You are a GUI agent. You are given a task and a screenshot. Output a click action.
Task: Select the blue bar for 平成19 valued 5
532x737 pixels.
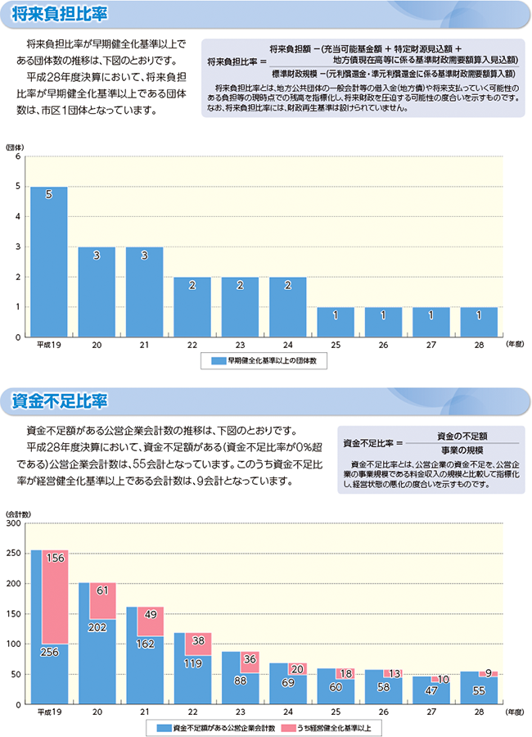pos(49,262)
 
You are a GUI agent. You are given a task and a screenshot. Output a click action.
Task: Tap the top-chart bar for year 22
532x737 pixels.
pos(192,307)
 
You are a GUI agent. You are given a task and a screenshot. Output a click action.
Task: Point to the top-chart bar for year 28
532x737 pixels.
pos(479,322)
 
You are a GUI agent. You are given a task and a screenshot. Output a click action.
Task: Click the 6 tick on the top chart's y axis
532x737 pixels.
pos(17,157)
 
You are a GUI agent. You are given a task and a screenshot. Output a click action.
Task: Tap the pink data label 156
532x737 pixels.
pos(56,558)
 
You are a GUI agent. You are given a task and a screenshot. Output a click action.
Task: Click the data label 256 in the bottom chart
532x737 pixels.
pos(49,652)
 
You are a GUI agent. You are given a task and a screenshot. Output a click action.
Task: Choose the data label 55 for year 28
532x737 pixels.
pos(479,691)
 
